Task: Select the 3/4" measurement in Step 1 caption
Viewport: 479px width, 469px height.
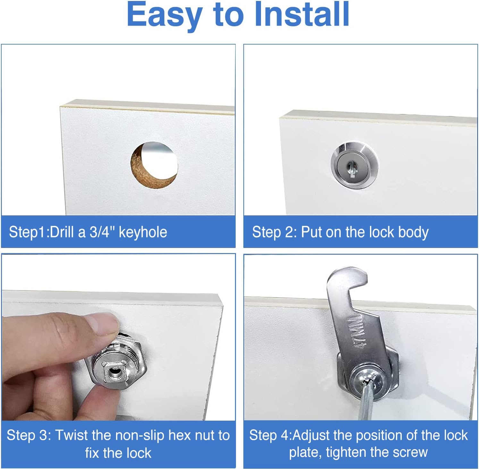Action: pyautogui.click(x=102, y=232)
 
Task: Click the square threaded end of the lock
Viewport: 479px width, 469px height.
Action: pyautogui.click(x=113, y=372)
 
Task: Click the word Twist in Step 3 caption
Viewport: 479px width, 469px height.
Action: pyautogui.click(x=71, y=435)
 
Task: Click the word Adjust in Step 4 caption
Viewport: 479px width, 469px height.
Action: pyautogui.click(x=311, y=435)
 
